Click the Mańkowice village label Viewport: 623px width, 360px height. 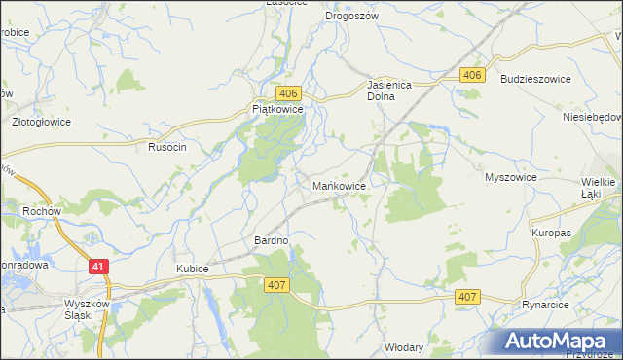tap(339, 185)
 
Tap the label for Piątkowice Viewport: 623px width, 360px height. tap(278, 110)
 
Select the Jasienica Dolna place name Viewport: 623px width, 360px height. tap(391, 90)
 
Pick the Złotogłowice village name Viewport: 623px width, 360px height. tap(40, 124)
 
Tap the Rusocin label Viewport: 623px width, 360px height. tap(166, 146)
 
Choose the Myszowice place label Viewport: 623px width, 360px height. tap(511, 178)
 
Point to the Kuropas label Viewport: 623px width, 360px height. tap(551, 234)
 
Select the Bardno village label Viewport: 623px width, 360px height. tap(272, 240)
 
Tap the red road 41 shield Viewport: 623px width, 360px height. tap(97, 266)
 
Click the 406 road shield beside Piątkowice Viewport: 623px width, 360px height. tap(287, 92)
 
